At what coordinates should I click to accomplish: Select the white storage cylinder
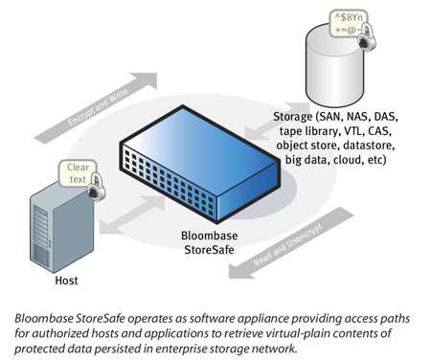333,67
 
